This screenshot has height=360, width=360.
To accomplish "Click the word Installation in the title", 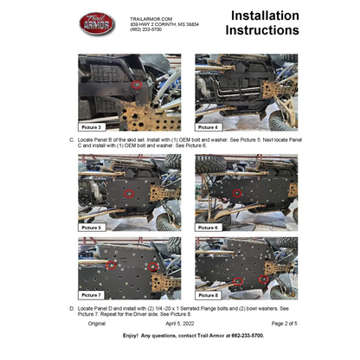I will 262,16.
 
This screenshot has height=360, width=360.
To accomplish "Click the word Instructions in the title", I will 262,31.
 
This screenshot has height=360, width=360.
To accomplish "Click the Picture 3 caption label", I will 90,126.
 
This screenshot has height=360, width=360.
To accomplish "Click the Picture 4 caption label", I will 208,126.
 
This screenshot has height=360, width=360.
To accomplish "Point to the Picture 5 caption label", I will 90,227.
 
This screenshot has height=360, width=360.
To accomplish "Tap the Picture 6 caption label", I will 208,227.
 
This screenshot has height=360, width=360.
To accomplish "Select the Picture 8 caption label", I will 208,295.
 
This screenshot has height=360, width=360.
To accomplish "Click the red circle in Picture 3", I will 136,85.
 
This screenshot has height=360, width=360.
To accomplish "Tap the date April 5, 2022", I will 180,323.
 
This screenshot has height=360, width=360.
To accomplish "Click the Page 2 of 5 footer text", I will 284,323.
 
